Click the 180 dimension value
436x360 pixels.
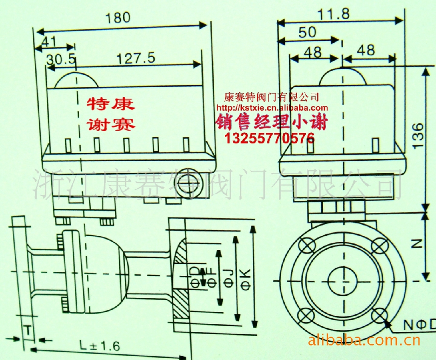coord(118,18)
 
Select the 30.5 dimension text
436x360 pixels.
coord(61,59)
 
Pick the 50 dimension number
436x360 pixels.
coord(307,33)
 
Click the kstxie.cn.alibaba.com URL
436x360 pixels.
coord(272,108)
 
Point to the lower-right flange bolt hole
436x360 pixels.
coord(378,316)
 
